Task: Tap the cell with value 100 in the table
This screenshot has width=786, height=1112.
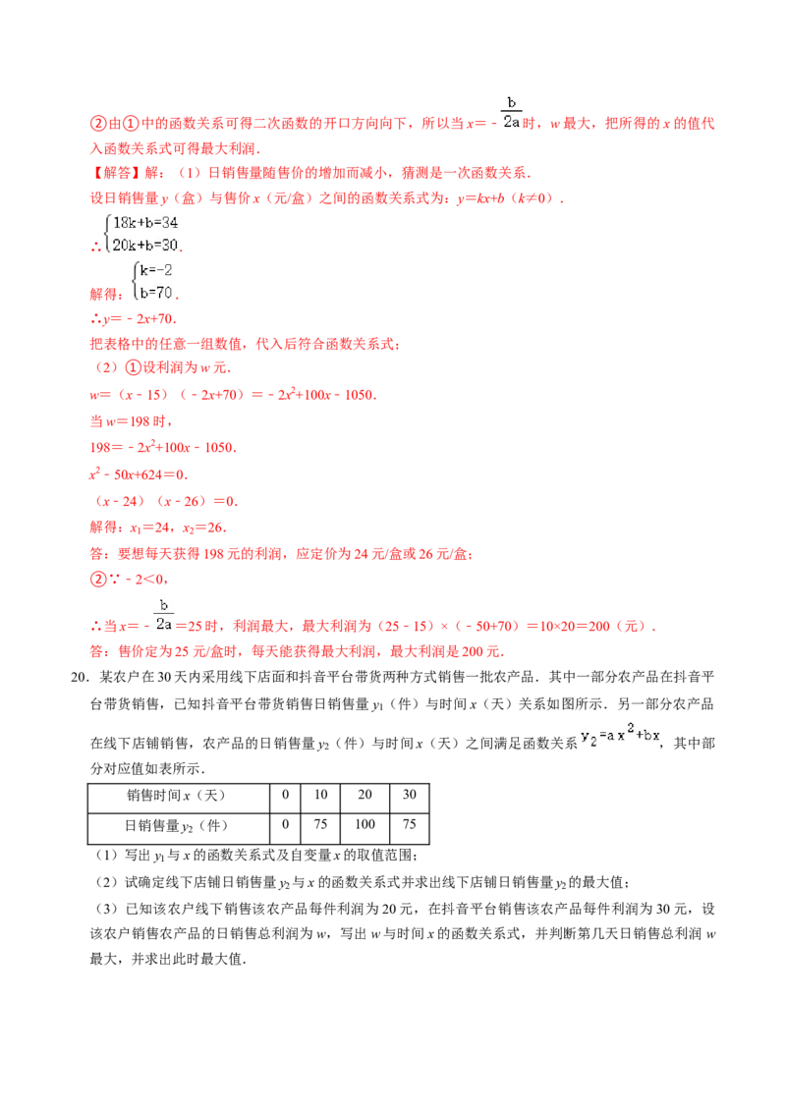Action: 365,825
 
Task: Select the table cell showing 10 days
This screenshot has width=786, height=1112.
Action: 320,795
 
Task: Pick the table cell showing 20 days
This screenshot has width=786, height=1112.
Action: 365,795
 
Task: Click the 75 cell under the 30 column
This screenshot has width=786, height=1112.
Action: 410,825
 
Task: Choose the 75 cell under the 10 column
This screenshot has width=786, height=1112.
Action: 320,825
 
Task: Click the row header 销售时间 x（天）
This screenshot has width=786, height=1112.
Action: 177,796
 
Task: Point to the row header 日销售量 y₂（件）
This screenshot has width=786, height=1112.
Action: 177,825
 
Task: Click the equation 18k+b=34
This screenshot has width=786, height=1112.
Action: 145,223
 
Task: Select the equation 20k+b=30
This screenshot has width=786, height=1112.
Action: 145,246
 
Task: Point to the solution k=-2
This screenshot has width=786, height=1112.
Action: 156,270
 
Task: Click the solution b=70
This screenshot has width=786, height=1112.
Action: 156,292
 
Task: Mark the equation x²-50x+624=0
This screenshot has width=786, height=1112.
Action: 139,474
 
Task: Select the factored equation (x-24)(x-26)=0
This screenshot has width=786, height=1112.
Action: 166,501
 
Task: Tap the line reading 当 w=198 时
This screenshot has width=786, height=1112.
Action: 131,421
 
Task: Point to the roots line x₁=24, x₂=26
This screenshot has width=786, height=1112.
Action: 158,528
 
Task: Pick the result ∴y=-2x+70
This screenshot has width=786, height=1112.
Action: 134,318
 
